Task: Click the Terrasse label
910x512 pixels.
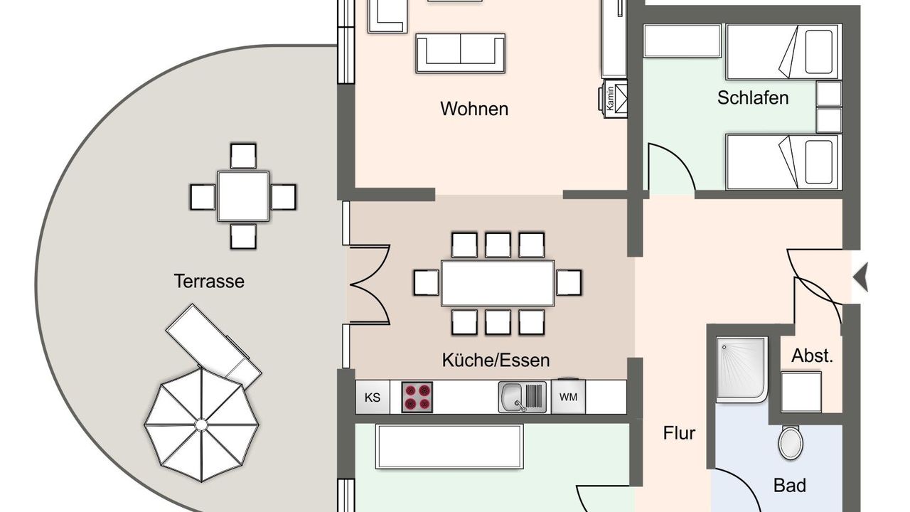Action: pos(209,281)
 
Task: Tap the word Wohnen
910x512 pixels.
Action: pos(474,109)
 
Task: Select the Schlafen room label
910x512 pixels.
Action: pos(753,98)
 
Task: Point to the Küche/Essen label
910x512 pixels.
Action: pos(496,361)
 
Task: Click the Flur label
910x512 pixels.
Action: pos(679,433)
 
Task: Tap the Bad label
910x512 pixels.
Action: pos(790,486)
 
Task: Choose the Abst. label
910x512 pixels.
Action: pos(812,356)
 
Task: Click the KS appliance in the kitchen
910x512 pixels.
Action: pos(373,397)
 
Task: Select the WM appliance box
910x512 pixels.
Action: pos(568,397)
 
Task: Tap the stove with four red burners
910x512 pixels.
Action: pos(417,397)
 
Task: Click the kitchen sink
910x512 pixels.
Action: pos(523,397)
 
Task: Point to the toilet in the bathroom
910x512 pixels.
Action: pos(790,442)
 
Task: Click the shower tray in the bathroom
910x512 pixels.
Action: pos(742,369)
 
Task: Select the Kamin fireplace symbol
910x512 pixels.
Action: pos(613,99)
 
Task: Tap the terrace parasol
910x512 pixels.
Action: pos(201,425)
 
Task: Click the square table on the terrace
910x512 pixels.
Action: pos(243,196)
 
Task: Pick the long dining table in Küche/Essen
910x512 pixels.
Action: pos(498,283)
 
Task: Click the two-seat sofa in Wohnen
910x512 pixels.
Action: pos(461,53)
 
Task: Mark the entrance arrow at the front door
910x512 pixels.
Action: pos(860,277)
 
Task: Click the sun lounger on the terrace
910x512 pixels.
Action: pos(214,346)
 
